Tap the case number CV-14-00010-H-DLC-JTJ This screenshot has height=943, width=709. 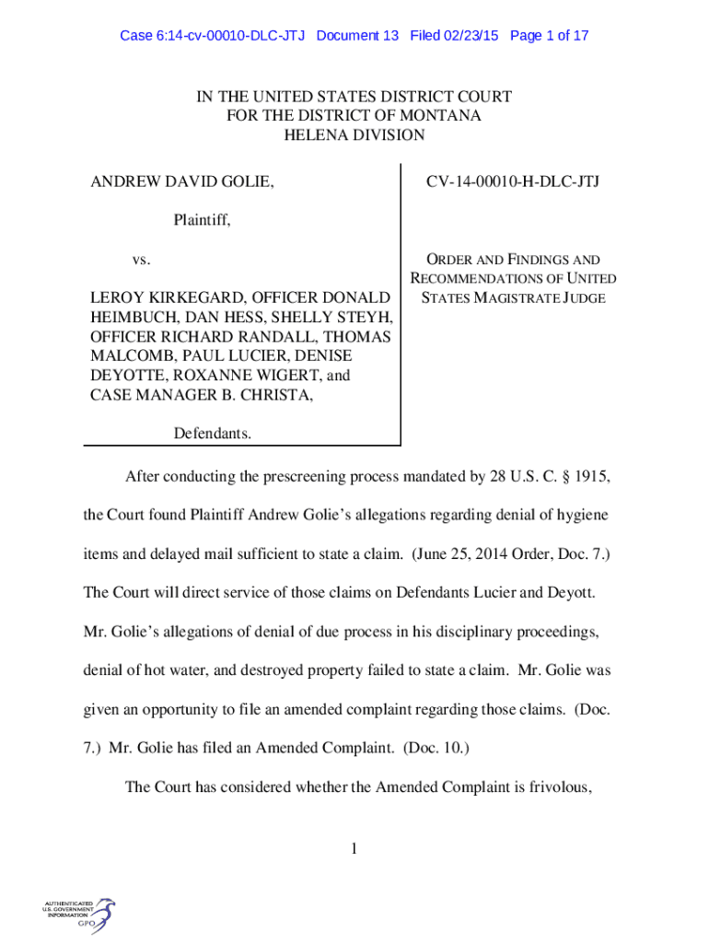[512, 182]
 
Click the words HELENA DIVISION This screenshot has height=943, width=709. [354, 135]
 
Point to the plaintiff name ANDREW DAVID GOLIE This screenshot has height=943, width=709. [181, 182]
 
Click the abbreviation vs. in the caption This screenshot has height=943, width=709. [141, 260]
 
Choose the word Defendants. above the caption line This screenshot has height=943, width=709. [213, 434]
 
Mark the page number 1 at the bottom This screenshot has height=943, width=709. [354, 849]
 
